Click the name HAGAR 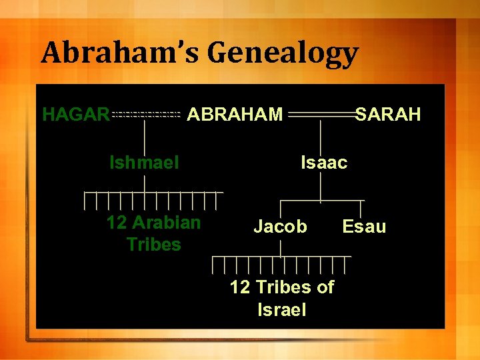76,115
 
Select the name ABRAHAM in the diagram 235,115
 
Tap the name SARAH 388,115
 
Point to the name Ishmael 144,162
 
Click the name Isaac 324,162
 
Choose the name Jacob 280,227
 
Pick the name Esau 364,227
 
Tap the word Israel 281,309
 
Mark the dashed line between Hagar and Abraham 147,115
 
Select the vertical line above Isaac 323,136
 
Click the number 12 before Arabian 117,222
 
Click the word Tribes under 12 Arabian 153,245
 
